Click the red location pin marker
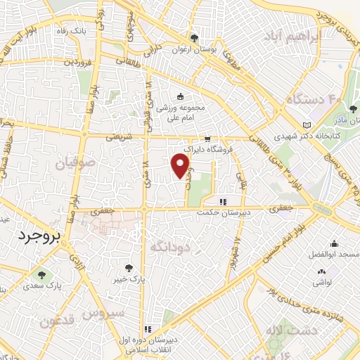181,165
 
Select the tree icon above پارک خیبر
128,267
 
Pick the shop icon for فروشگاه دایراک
207,139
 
